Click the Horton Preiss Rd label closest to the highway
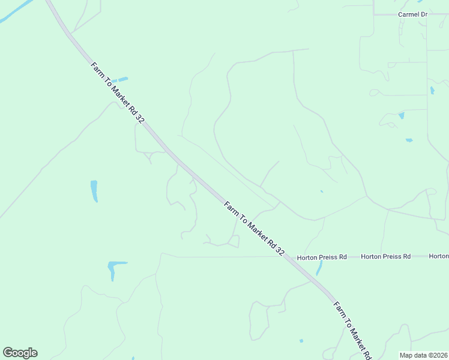coord(322,257)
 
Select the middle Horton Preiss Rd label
coord(385,256)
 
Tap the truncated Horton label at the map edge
coord(438,256)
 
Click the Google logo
coord(20,353)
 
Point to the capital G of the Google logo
coord(8,352)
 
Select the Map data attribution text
coord(423,355)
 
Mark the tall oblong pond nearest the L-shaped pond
coord(94,191)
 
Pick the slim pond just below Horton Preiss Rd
coord(319,268)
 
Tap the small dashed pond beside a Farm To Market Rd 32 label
coord(119,79)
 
